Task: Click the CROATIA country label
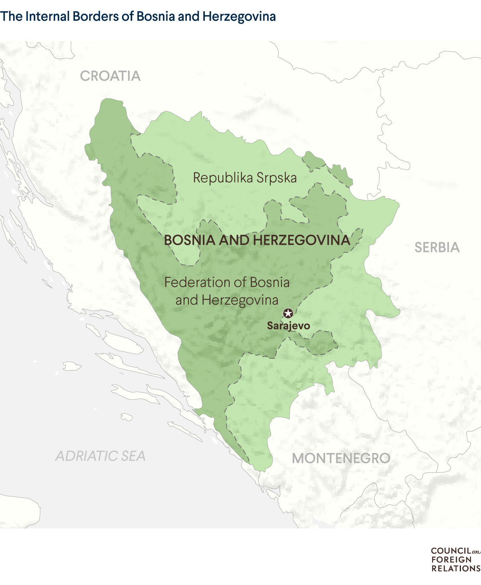(x=110, y=76)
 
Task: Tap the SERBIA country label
(x=437, y=247)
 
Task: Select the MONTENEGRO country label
(x=341, y=458)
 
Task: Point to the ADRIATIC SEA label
(x=100, y=456)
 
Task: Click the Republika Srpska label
(x=245, y=178)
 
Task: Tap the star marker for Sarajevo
(x=288, y=313)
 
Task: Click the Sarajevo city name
(x=289, y=325)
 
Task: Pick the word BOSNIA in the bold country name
(x=190, y=240)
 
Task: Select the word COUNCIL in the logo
(x=451, y=551)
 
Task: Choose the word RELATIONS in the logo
(x=456, y=569)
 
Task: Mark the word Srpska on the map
(x=277, y=178)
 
